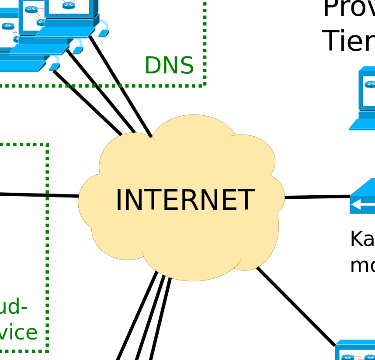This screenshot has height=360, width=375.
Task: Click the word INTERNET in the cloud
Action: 184,200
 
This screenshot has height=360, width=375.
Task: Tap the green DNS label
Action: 169,66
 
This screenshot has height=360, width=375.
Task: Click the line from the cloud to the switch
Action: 317,197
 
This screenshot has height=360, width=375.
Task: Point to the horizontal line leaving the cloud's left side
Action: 39,195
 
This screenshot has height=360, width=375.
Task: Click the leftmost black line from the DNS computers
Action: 87,103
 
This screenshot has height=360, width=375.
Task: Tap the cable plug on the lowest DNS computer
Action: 55,66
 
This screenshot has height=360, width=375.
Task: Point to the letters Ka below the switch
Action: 362,239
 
